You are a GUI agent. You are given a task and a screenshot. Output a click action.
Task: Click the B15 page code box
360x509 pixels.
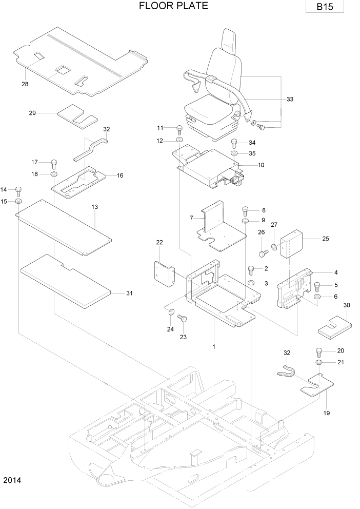tap(323, 7)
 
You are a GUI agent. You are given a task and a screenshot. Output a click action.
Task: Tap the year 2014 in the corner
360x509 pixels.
tap(12, 481)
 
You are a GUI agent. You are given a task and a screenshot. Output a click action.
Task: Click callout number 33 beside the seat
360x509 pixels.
tap(290, 99)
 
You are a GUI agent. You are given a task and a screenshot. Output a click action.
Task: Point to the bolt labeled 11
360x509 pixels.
tap(179, 128)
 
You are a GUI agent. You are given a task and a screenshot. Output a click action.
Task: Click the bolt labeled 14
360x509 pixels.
tap(18, 190)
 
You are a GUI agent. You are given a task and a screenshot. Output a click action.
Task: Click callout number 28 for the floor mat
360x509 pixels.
tap(25, 84)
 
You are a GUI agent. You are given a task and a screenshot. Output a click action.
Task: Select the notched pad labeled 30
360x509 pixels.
tap(335, 324)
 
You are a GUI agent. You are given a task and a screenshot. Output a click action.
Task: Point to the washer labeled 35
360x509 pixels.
tap(234, 153)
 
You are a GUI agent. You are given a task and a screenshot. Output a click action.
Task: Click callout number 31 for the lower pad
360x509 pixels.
tap(129, 293)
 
